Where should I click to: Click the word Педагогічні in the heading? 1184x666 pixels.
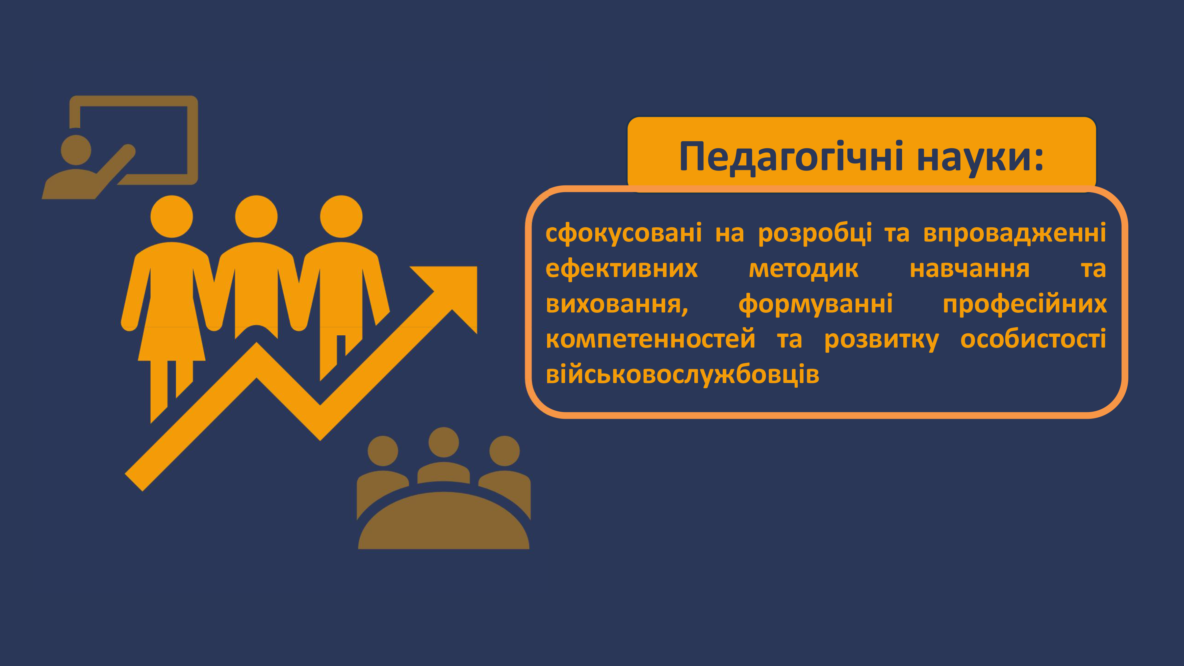[x=792, y=157]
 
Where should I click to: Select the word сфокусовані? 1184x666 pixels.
[x=624, y=233]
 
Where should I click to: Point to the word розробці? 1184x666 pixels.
[x=815, y=233]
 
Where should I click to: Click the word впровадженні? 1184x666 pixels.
[x=1014, y=233]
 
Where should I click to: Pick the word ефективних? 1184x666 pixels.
[x=621, y=269]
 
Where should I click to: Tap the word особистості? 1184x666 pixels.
[x=1033, y=339]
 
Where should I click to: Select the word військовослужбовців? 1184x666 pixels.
[x=683, y=375]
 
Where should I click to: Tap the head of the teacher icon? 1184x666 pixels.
[x=76, y=150]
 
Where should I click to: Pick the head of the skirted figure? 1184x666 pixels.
[x=172, y=217]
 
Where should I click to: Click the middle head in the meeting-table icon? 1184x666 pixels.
[x=443, y=442]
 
